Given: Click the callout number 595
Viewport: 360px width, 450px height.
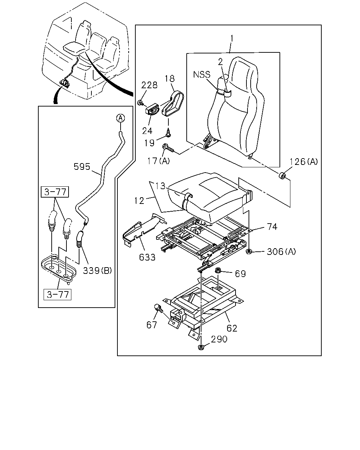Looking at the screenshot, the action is pos(82,167).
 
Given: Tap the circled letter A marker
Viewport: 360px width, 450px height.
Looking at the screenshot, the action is pos(121,118).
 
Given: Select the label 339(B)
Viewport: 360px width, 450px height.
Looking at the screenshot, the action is pos(97,271).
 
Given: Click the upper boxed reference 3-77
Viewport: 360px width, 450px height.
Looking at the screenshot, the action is pos(55,192).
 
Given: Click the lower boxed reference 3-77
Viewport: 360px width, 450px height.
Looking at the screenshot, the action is pos(58,295).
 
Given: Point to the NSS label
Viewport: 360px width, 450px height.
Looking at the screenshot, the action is pos(202,75).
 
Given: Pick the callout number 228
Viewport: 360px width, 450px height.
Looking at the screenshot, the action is pos(149,85).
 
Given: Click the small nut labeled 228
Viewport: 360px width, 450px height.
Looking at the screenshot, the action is pos(140,103).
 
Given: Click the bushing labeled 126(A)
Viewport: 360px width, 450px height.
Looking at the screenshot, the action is pos(282,176).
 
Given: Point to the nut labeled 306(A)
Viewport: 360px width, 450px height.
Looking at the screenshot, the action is pos(249,251).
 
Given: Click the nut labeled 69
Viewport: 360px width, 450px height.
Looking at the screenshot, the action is pos(218,271).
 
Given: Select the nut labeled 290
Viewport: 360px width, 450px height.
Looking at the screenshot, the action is pos(201,348).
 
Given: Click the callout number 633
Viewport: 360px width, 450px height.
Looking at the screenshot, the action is pos(147,257).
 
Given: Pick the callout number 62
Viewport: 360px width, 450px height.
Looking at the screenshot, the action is pos(232,328).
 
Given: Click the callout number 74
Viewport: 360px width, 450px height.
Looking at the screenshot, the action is pos(272,227).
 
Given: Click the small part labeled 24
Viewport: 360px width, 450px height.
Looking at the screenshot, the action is pos(152,110).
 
